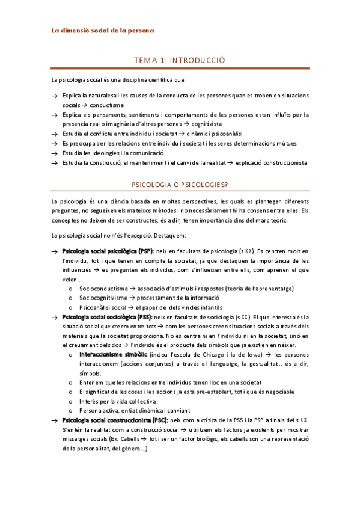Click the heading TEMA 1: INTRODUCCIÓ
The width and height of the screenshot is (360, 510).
point(180,60)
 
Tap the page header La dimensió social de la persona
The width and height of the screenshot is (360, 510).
point(102,31)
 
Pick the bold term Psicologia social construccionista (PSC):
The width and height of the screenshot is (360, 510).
point(115,420)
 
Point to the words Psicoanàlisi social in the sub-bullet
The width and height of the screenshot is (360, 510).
point(105,307)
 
